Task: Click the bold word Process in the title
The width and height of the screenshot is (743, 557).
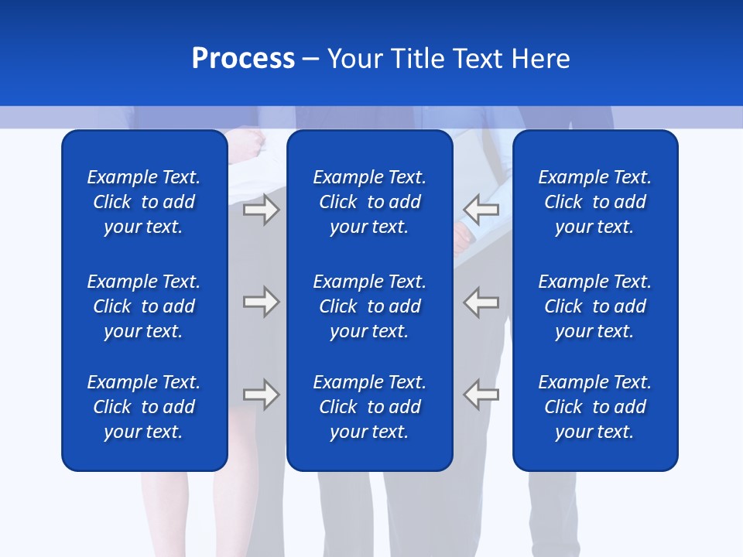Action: click(243, 59)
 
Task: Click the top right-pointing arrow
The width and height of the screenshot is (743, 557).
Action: click(262, 210)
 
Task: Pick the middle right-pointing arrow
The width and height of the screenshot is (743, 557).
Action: click(262, 302)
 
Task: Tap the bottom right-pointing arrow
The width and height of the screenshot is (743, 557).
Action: click(262, 394)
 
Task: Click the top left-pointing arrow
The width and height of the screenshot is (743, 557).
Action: click(481, 210)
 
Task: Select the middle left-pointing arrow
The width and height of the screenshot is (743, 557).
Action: click(481, 302)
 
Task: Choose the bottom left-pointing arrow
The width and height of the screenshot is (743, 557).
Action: click(481, 394)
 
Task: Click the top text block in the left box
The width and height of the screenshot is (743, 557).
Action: click(144, 202)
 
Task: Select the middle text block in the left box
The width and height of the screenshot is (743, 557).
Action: click(144, 306)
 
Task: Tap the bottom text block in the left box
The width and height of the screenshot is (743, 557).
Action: click(144, 407)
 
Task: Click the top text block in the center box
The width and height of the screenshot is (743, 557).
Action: click(369, 202)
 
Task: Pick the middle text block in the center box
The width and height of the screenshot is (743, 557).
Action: click(369, 306)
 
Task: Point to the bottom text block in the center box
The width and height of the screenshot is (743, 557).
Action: click(369, 407)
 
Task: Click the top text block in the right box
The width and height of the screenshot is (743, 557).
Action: click(594, 202)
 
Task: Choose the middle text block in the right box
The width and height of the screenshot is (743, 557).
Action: click(594, 306)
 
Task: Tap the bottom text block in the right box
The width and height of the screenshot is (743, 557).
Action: click(594, 407)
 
